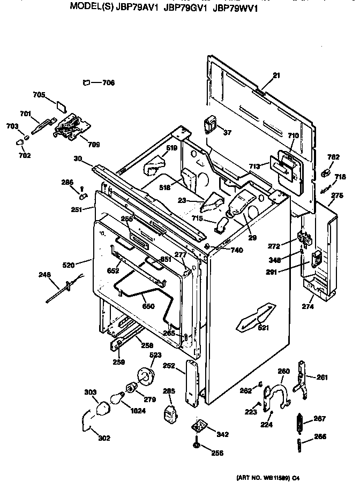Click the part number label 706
point(109,82)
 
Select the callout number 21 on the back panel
point(276,76)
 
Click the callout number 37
point(228,132)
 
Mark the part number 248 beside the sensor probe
point(45,275)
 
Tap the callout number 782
point(333,157)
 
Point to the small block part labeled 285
point(170,414)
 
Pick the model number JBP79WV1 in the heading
point(235,9)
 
